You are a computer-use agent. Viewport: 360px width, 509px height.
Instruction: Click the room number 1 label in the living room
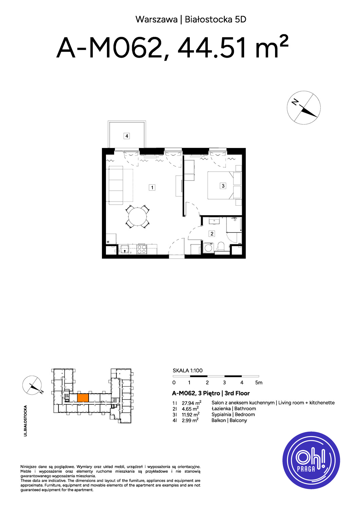[152, 187]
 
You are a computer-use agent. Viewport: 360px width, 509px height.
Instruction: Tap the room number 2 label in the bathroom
[212, 233]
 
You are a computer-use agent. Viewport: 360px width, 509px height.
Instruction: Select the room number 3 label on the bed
[223, 186]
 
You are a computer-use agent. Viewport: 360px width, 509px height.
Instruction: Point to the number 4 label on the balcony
[127, 136]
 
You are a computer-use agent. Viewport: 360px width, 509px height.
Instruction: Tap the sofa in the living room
[116, 185]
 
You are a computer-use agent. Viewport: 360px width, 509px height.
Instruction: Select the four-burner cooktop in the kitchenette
[142, 249]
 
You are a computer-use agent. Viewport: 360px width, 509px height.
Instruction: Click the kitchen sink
[125, 249]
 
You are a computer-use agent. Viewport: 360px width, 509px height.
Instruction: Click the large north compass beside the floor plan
[304, 108]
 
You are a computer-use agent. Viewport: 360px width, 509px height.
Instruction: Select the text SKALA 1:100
[187, 371]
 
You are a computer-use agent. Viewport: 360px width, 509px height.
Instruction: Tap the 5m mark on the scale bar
[259, 383]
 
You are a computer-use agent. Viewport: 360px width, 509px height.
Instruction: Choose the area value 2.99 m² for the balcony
[190, 420]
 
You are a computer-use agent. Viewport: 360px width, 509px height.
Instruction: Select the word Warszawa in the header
[157, 20]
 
